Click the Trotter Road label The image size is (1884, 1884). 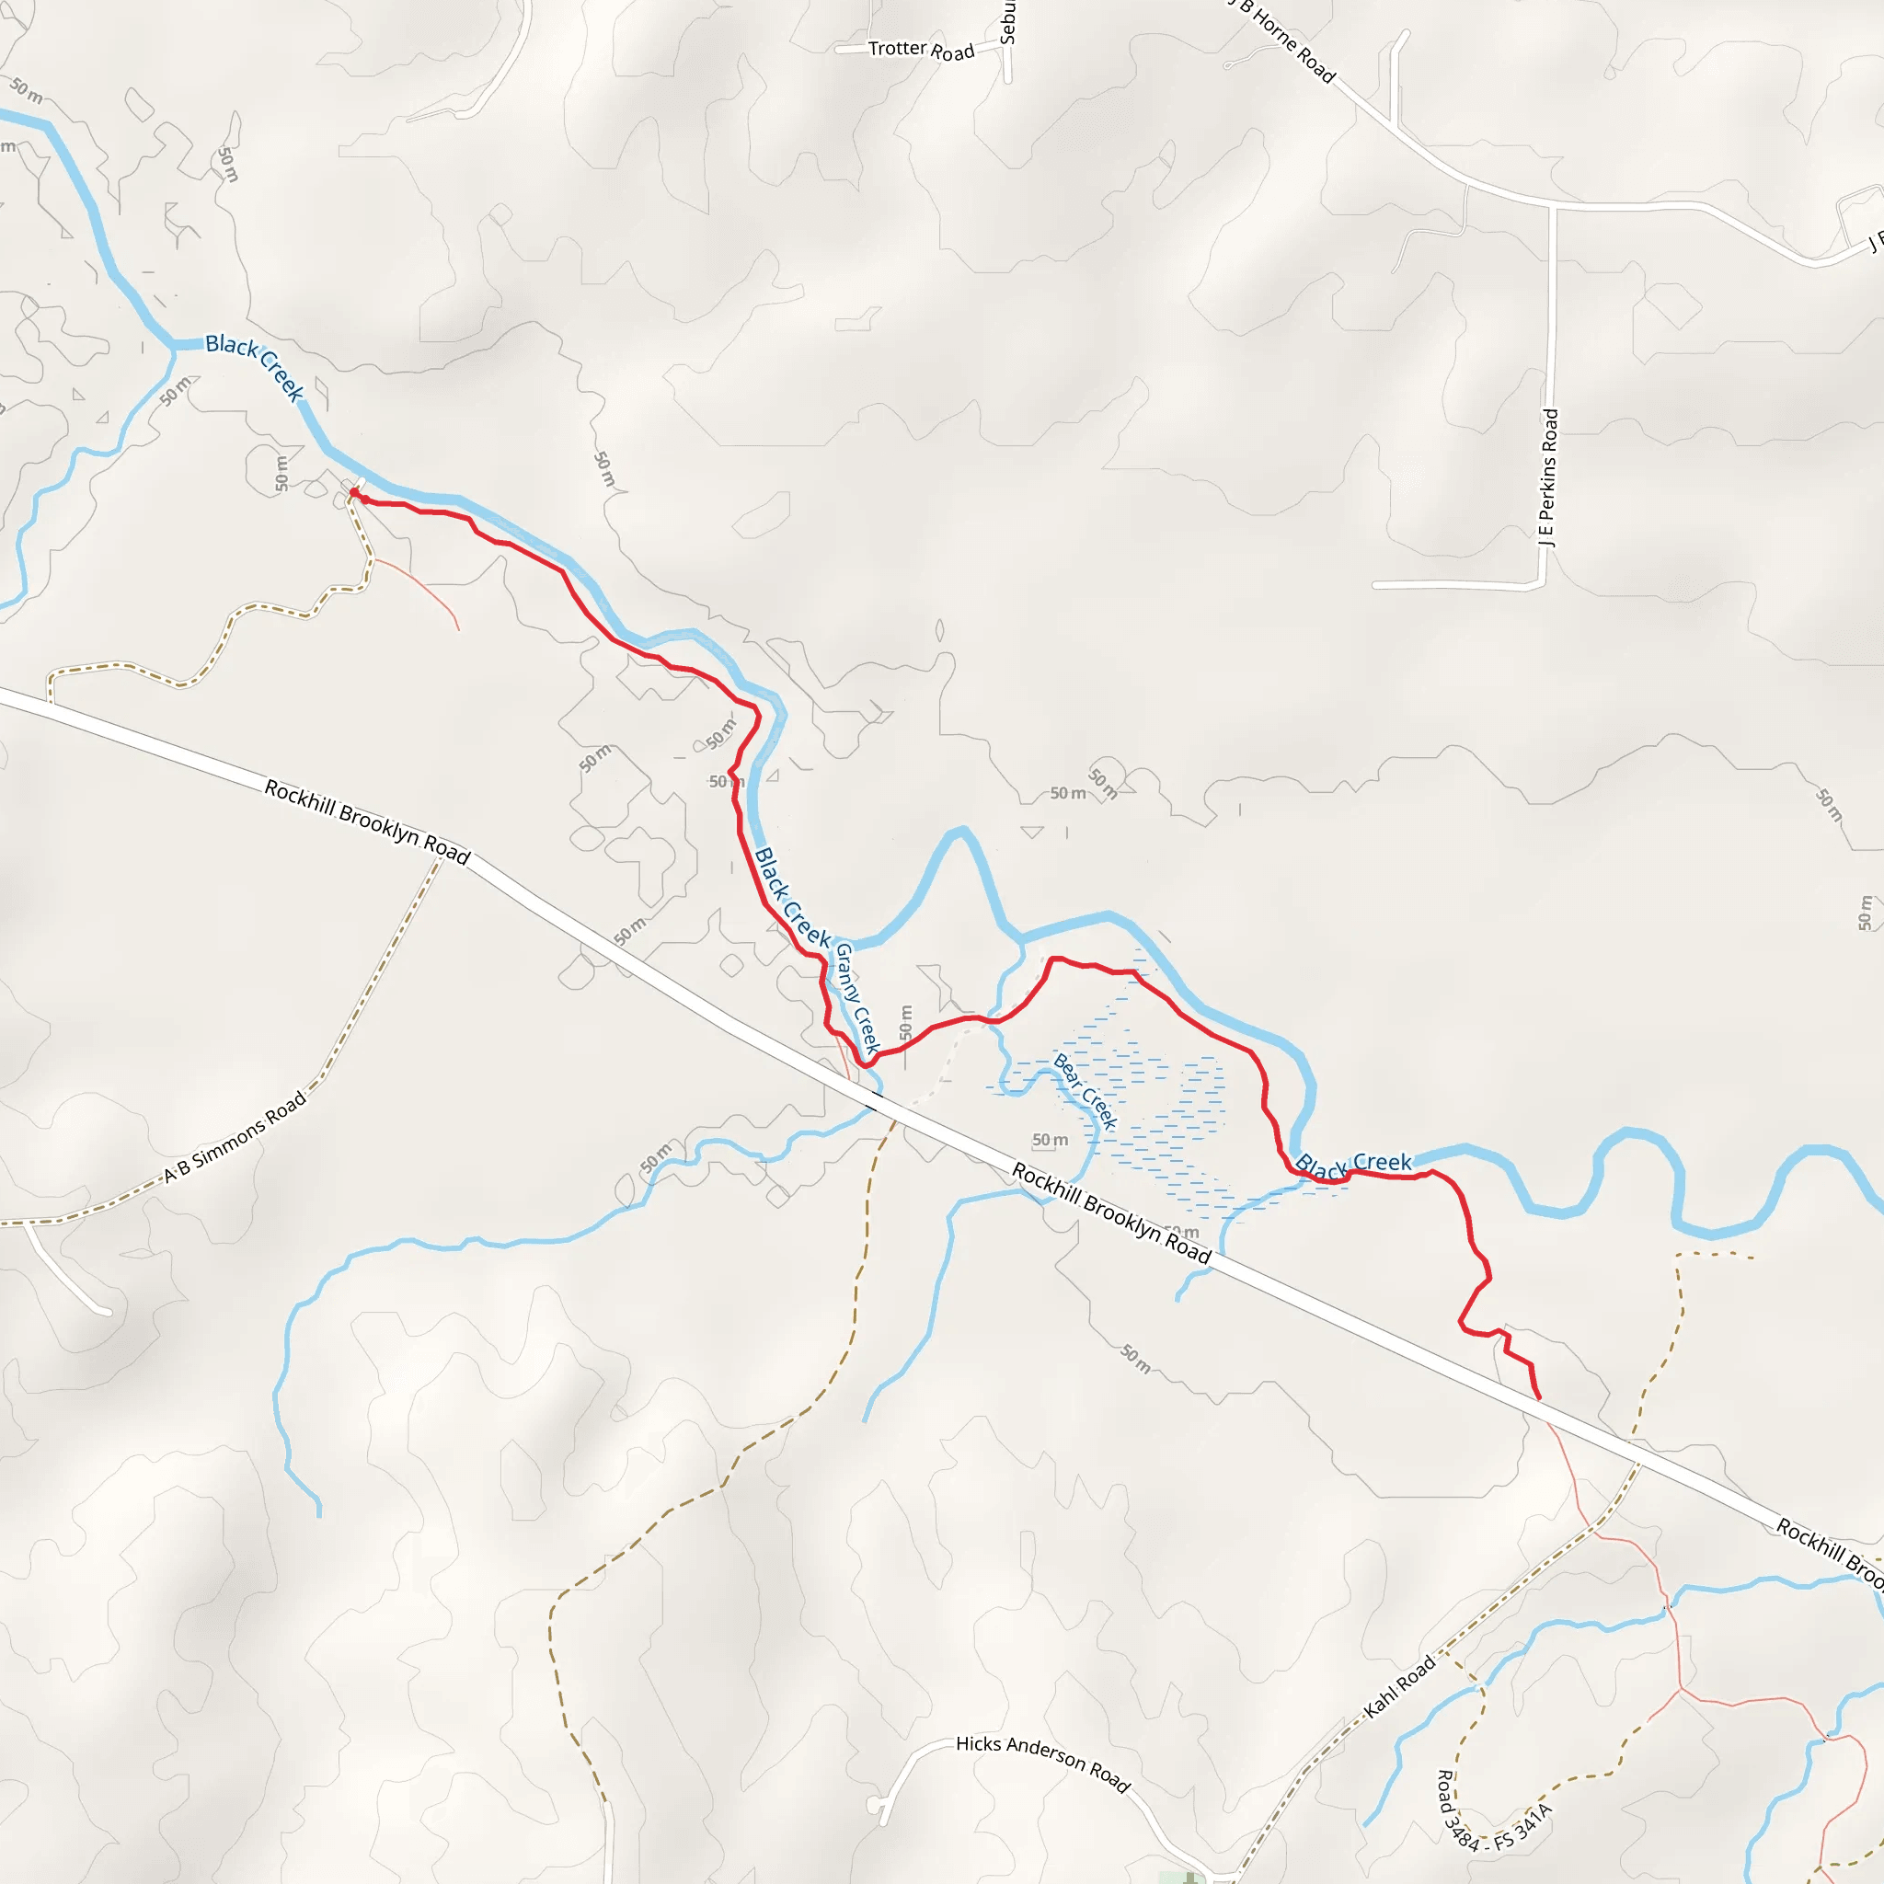921,50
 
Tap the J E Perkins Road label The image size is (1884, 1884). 1548,477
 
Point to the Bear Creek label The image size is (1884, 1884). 1085,1090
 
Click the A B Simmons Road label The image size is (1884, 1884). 234,1136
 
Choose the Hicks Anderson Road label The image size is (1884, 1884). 1041,1763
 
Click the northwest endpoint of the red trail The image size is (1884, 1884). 354,492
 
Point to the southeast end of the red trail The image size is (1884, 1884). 1539,1397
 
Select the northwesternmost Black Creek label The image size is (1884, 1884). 255,367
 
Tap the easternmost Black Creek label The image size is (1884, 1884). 1353,1165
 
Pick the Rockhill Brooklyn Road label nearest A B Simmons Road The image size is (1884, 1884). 368,821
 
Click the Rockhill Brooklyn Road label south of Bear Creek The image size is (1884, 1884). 1111,1212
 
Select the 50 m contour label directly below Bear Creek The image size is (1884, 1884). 1051,1140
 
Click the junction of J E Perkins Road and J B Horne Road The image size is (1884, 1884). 1553,207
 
